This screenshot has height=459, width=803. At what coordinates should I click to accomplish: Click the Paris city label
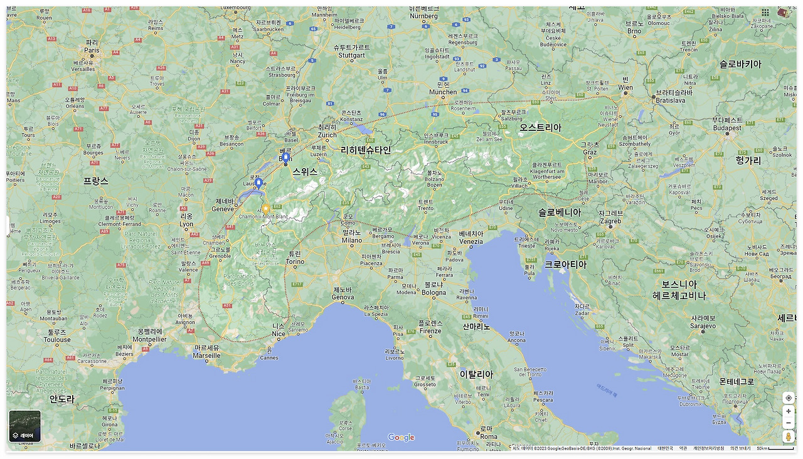coord(92,50)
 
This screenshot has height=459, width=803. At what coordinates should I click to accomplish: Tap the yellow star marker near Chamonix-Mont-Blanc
coord(266,208)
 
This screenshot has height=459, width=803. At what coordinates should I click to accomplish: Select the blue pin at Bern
coord(285,157)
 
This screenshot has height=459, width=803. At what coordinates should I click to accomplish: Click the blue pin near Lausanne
coord(258,182)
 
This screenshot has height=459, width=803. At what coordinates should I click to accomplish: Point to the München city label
coord(443,92)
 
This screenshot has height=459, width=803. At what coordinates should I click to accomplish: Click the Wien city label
coord(625,87)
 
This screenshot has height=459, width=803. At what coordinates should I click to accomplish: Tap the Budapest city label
coord(727,128)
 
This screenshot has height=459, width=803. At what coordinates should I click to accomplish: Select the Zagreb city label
coord(610,221)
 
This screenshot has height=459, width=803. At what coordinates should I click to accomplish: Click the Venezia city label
coord(471,241)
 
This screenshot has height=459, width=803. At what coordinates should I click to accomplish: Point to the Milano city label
coord(351,240)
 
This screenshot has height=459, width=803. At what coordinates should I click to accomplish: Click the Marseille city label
coord(207,355)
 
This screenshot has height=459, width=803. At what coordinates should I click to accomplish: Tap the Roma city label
coord(489,436)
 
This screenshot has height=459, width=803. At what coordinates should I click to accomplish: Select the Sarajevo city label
coord(703,326)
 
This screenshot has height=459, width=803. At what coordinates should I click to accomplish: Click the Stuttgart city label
coord(351,55)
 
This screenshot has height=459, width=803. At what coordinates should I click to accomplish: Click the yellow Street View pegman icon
coord(788,436)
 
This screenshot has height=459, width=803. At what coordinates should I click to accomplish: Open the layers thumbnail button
coord(25,426)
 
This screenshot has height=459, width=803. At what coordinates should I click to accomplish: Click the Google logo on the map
coord(401,438)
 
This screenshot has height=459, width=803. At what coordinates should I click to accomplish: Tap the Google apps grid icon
coord(765,13)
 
